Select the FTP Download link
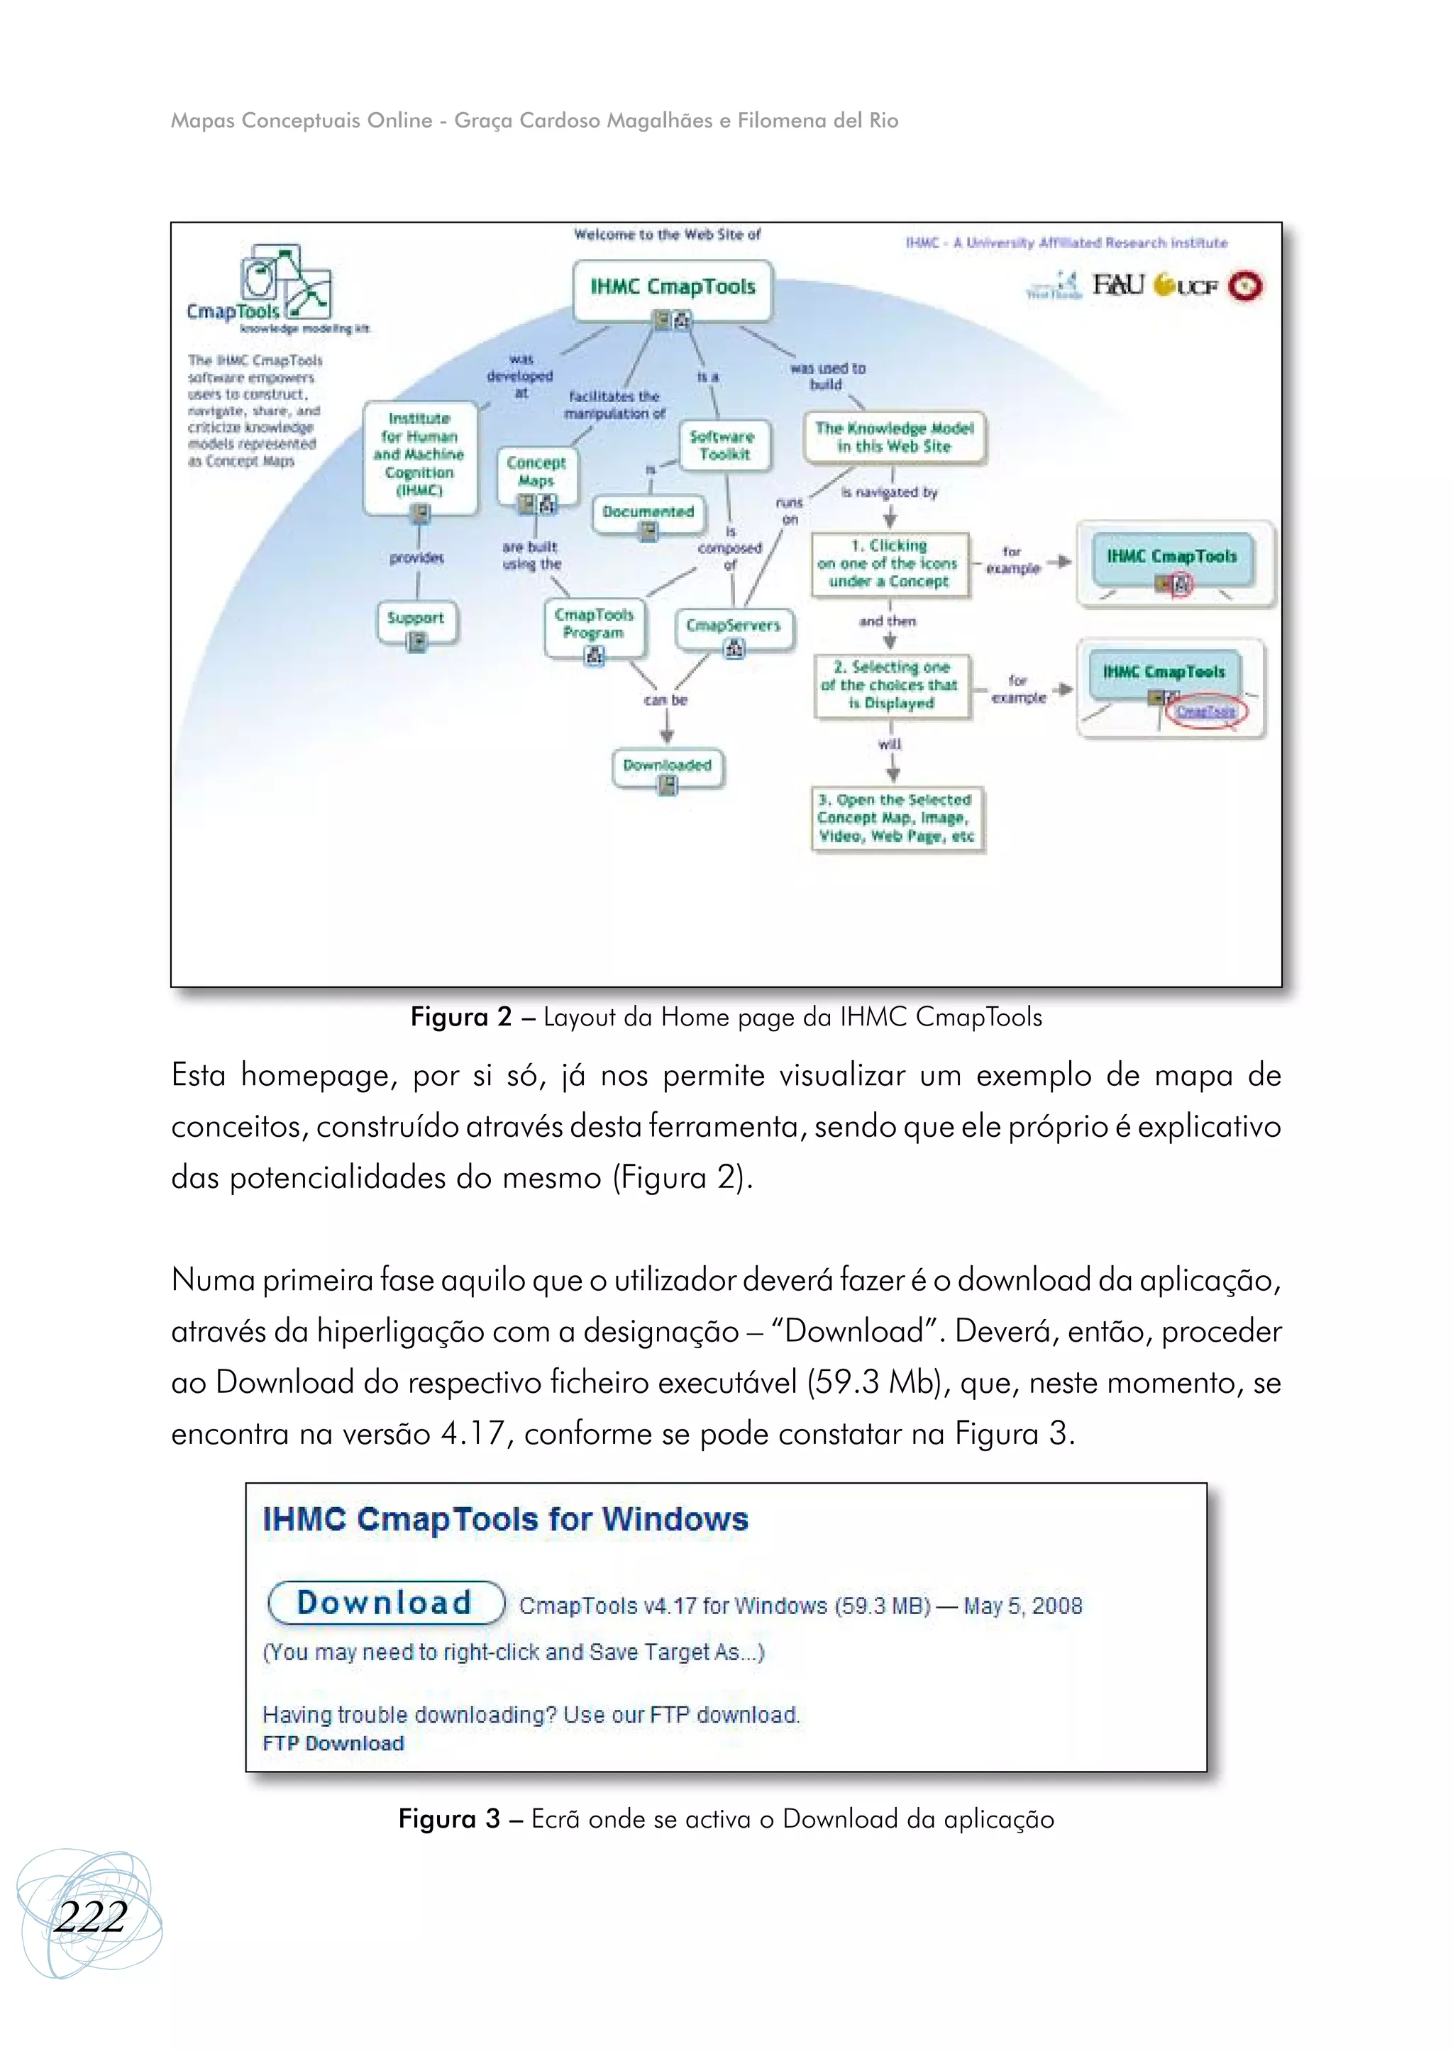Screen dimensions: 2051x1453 pos(333,1742)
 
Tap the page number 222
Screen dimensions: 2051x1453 pos(89,1916)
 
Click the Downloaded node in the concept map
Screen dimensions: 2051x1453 pos(668,766)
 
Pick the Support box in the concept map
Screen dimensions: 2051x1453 pos(416,619)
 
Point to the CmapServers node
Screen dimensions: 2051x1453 pos(734,626)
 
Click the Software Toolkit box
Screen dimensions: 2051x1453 pos(723,445)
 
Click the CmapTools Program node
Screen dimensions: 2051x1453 pos(594,623)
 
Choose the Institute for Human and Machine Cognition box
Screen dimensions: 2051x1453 pos(419,455)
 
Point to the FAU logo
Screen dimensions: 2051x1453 pos(1118,284)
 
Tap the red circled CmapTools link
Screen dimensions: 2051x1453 pos(1205,711)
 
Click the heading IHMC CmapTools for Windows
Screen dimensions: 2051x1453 pos(506,1520)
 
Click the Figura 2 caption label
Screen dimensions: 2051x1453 pos(460,1017)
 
